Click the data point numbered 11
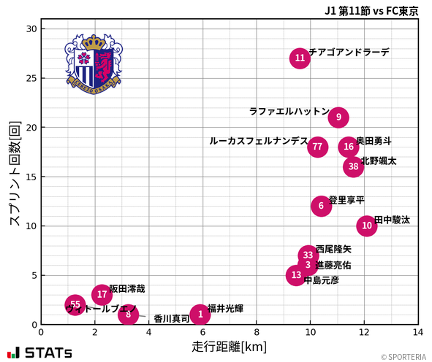(x=300, y=58)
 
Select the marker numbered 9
(x=338, y=118)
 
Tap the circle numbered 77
(x=317, y=147)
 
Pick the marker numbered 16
(x=349, y=147)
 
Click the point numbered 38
(x=354, y=167)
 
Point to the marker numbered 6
(x=321, y=207)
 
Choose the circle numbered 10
(x=367, y=226)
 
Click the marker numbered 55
(x=75, y=305)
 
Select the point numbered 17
(x=102, y=295)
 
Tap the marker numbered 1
(x=200, y=315)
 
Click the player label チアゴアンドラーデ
(x=349, y=53)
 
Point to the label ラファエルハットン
(x=289, y=112)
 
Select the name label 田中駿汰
(x=392, y=220)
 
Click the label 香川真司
(x=172, y=319)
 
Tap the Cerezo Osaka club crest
(x=93, y=63)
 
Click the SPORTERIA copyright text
(x=403, y=357)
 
